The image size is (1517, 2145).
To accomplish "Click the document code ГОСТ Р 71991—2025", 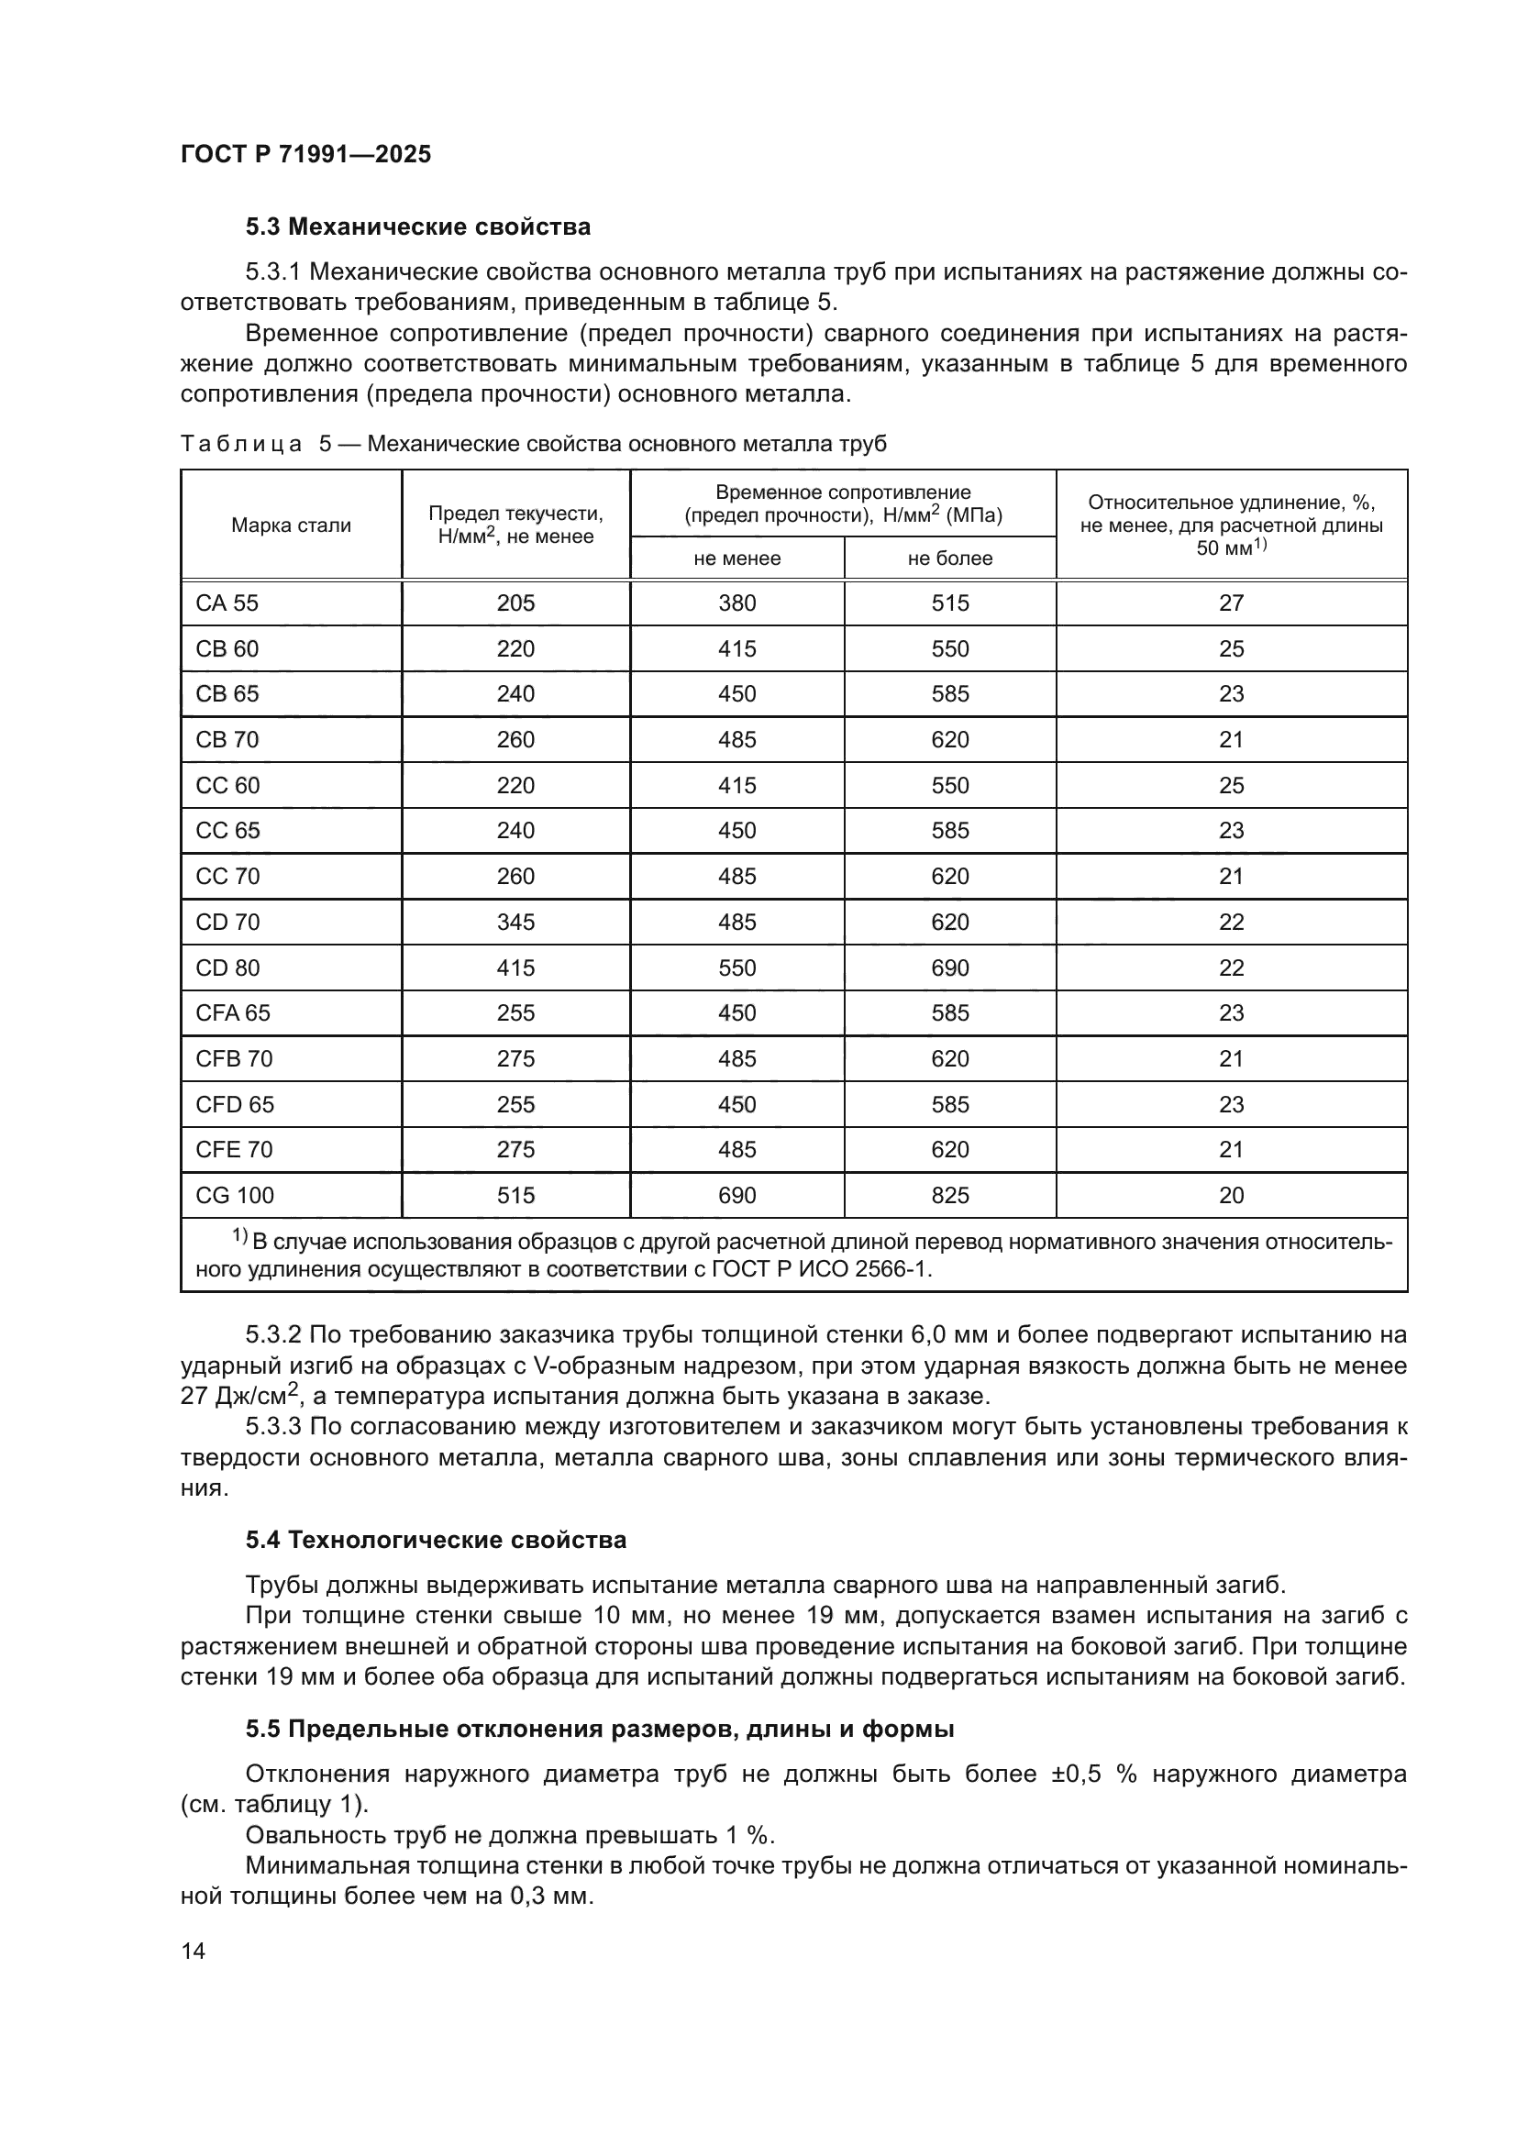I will (x=305, y=154).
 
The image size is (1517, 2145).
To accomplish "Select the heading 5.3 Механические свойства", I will (x=417, y=227).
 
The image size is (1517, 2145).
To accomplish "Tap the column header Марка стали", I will (x=291, y=525).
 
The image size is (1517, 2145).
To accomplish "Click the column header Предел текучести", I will (x=515, y=525).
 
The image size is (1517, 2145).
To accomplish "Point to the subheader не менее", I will (x=736, y=558).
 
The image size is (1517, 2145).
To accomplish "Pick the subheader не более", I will (x=949, y=558).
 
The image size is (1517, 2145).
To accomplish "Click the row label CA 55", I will (x=227, y=603).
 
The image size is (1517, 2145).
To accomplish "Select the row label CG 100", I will (x=235, y=1196).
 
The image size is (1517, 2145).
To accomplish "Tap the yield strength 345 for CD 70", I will (x=515, y=923).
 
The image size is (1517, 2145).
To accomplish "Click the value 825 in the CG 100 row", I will (x=949, y=1196).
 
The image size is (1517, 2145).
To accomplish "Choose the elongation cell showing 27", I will (x=1230, y=603).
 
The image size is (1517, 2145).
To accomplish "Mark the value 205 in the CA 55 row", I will (x=515, y=603).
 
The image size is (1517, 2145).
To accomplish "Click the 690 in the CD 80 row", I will (x=949, y=968).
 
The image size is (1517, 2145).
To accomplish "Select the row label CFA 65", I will (x=233, y=1013).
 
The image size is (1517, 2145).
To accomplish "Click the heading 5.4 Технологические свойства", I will (x=436, y=1541).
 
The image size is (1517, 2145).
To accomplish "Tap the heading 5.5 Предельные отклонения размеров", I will (x=599, y=1730).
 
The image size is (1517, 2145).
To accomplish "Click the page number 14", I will (x=194, y=1952).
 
